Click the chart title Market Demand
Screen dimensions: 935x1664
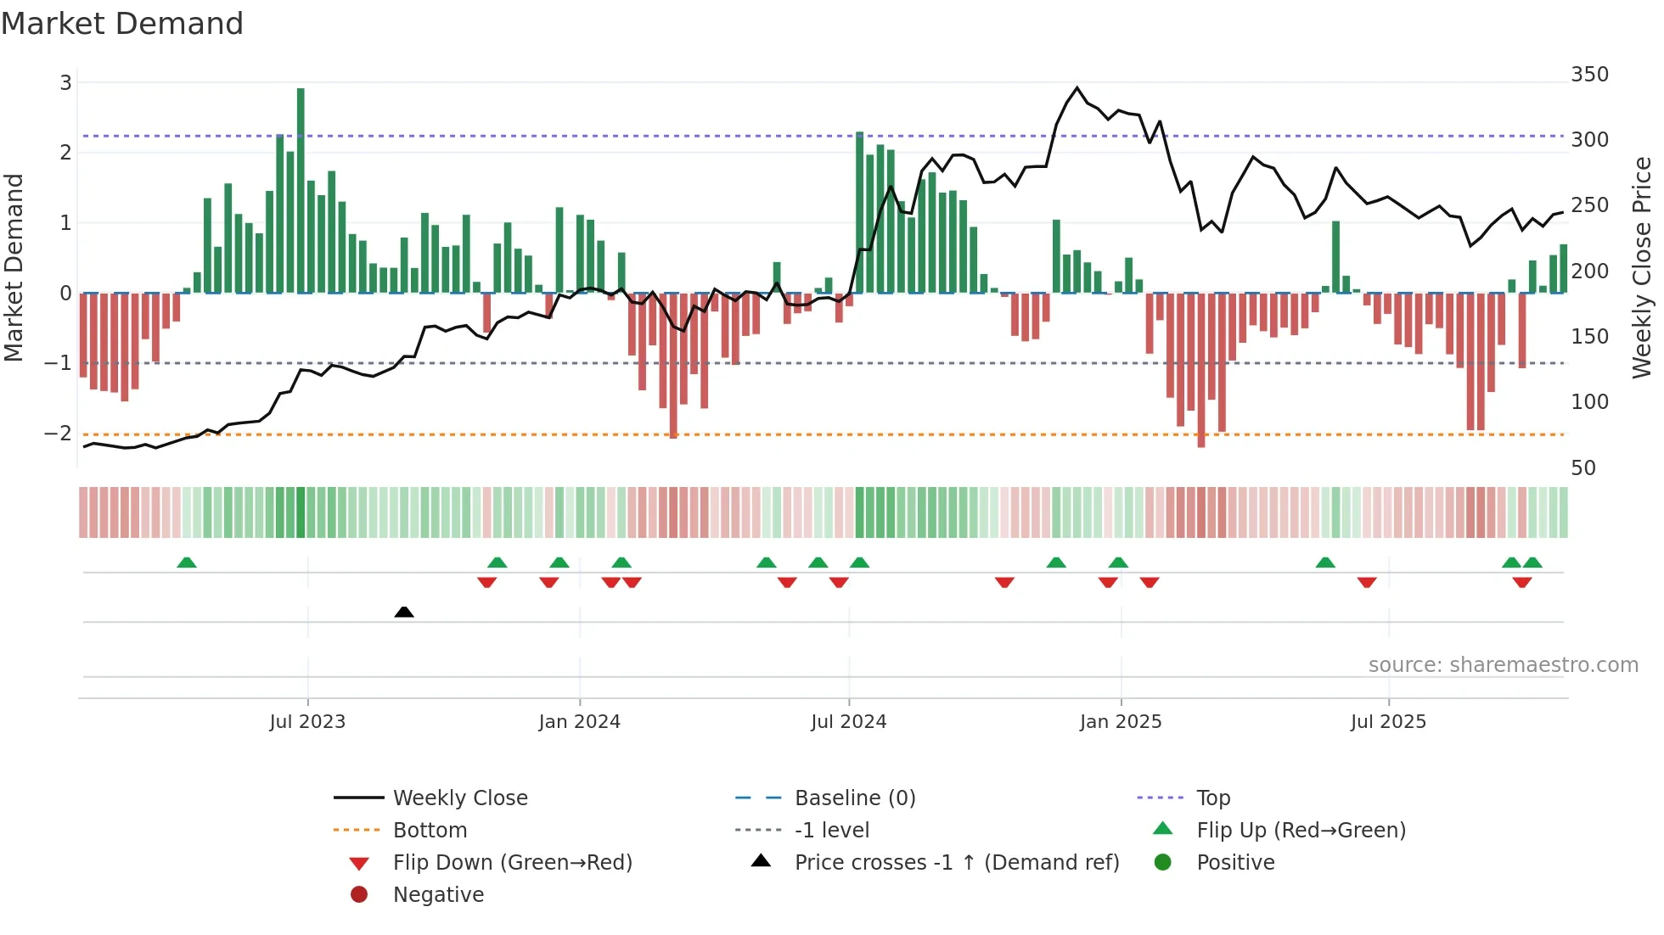coord(122,24)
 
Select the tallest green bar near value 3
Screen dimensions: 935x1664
coord(301,190)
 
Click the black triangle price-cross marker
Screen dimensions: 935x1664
coord(404,612)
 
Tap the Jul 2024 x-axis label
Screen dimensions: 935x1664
coord(848,722)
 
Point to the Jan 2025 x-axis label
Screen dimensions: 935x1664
coord(1120,722)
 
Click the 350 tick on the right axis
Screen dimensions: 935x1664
coord(1589,75)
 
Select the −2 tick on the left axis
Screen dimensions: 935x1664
coord(59,434)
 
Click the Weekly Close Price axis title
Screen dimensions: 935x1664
coord(1641,267)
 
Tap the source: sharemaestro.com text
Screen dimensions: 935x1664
coord(1503,665)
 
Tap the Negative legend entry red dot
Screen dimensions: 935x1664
coord(359,895)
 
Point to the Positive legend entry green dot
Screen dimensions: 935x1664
coord(1163,863)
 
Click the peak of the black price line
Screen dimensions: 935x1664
coord(1077,87)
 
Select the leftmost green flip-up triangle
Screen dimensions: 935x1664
coord(187,563)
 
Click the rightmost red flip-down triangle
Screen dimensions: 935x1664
coord(1521,582)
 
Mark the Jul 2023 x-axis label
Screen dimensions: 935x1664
coord(307,722)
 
